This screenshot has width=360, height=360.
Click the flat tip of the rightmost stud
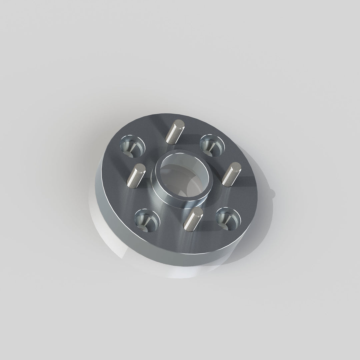(x=236, y=166)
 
